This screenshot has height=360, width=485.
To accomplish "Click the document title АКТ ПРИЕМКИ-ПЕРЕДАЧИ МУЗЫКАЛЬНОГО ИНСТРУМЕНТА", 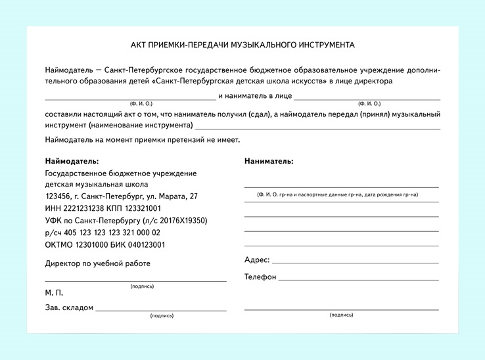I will [x=242, y=45].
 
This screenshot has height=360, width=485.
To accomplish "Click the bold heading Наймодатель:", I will [x=72, y=161].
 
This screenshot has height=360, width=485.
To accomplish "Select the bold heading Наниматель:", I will [x=269, y=161].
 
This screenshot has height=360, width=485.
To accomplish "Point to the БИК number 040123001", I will [x=148, y=244].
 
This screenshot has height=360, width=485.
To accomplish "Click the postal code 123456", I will [x=58, y=196].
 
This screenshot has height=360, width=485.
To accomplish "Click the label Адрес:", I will [x=257, y=260].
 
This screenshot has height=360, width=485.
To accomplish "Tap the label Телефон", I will [x=260, y=277].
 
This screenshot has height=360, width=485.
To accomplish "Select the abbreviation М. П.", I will [x=54, y=292].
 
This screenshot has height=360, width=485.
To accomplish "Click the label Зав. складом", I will [x=69, y=307].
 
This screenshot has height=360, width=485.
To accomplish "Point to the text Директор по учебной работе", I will [x=98, y=263].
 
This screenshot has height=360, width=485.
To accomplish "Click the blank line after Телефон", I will [x=358, y=280].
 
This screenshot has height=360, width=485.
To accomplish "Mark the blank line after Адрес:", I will [x=355, y=263].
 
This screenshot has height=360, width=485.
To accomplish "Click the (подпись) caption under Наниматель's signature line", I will [x=341, y=315].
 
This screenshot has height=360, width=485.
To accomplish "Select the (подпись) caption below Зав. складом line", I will [x=162, y=316].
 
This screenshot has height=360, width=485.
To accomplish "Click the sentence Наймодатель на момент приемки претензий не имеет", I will [x=143, y=140].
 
